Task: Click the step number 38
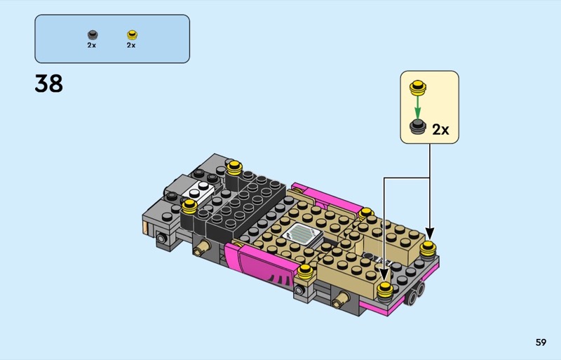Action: [x=48, y=84]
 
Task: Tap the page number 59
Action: [x=541, y=342]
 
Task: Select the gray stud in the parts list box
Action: [x=93, y=35]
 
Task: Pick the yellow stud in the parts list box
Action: [x=132, y=35]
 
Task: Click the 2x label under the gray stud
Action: [x=92, y=45]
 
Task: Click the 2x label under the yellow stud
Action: [x=131, y=45]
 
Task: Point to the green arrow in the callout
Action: [x=417, y=107]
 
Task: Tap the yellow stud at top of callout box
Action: [x=417, y=88]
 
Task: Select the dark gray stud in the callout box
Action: [x=417, y=127]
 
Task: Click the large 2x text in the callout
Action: [x=440, y=129]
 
